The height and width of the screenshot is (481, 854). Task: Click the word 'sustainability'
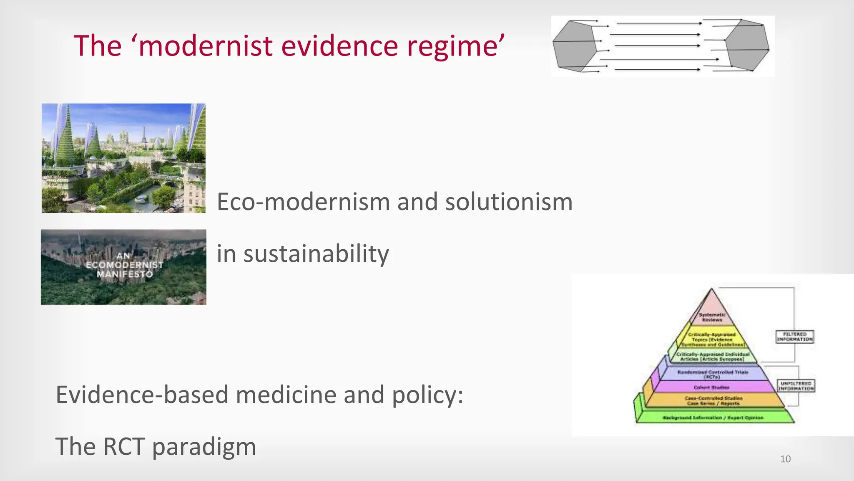[316, 254]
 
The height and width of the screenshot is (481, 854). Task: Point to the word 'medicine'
[286, 395]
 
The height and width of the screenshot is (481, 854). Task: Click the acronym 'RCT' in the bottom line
[124, 447]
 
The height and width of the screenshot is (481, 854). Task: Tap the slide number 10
[785, 459]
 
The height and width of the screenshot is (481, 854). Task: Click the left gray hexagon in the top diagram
[575, 46]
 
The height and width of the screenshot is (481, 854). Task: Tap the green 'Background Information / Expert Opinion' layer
[713, 417]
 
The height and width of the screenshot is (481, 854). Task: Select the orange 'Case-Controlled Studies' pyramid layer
[713, 401]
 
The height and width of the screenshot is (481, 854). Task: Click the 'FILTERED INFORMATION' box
[795, 337]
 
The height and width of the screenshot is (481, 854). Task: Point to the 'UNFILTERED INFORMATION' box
[796, 386]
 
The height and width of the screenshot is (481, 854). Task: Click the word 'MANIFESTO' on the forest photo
[125, 274]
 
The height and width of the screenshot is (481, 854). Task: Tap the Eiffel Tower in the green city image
[144, 136]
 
